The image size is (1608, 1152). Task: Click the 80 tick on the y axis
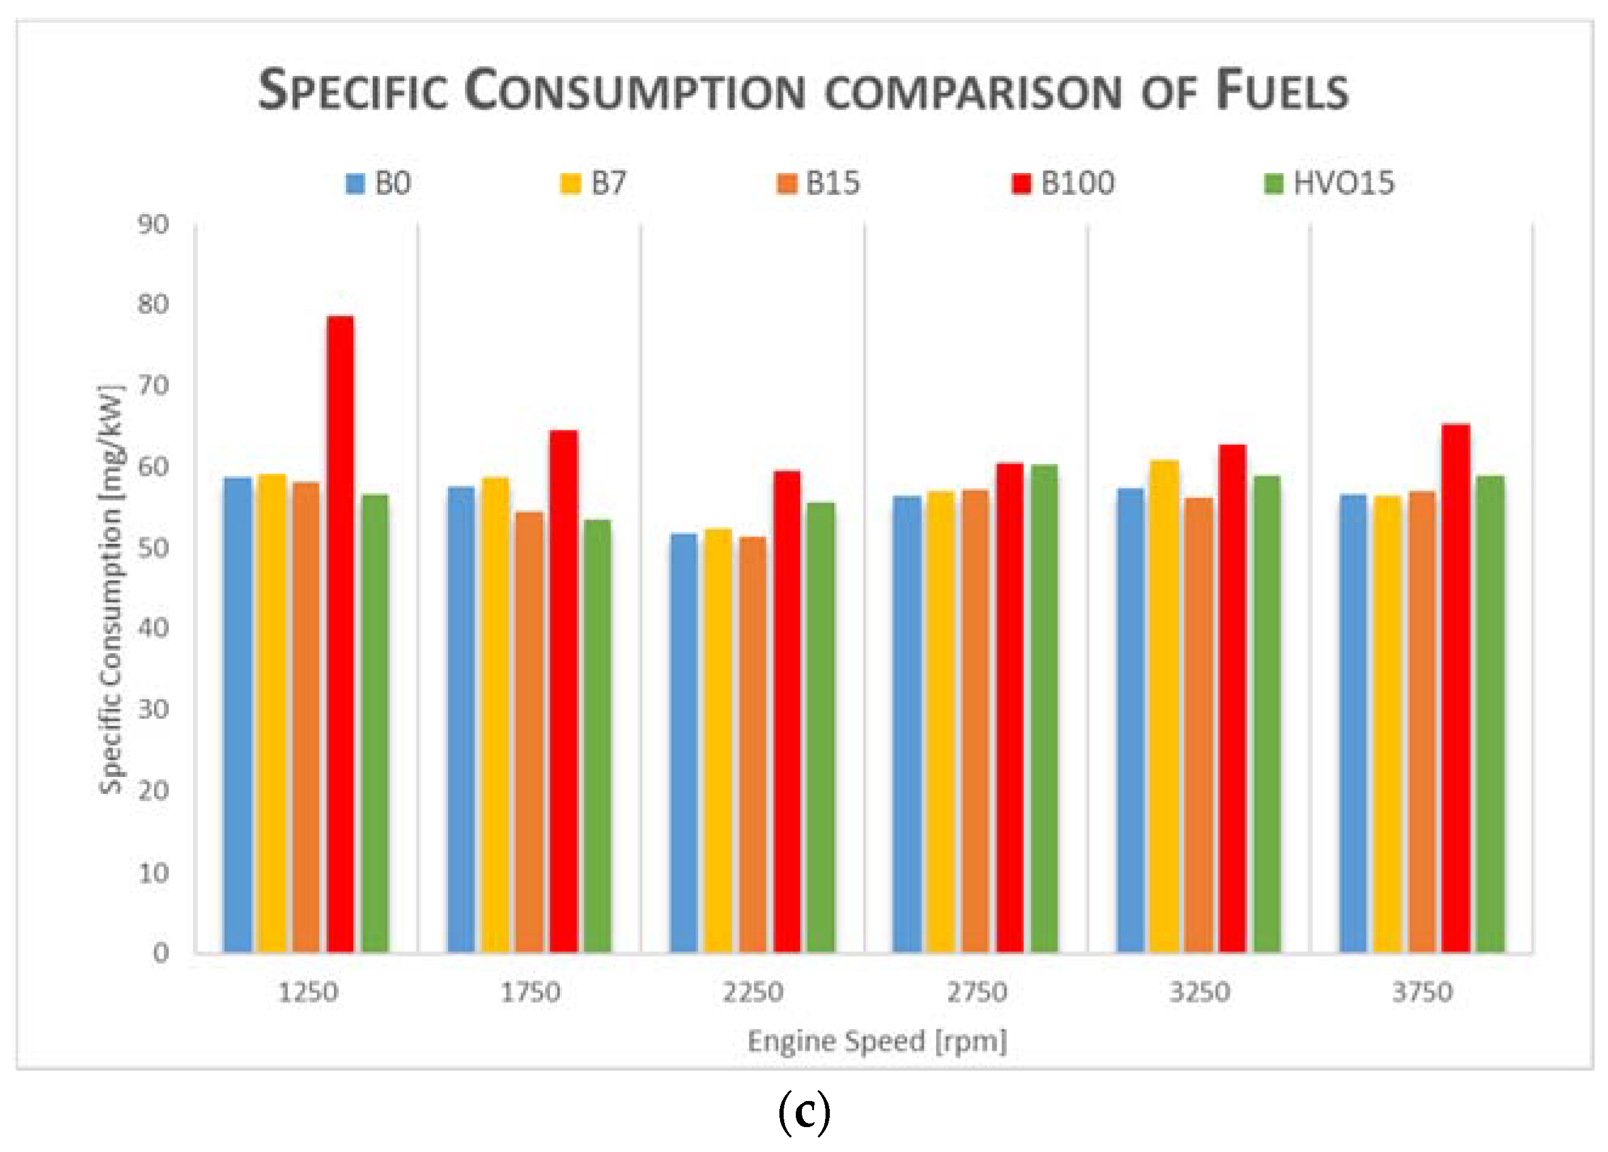point(154,305)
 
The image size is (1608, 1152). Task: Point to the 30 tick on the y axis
point(154,709)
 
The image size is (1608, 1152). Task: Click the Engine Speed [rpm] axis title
point(877,1042)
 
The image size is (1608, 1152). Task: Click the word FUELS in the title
point(1282,92)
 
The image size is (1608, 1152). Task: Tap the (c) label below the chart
point(803,1113)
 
